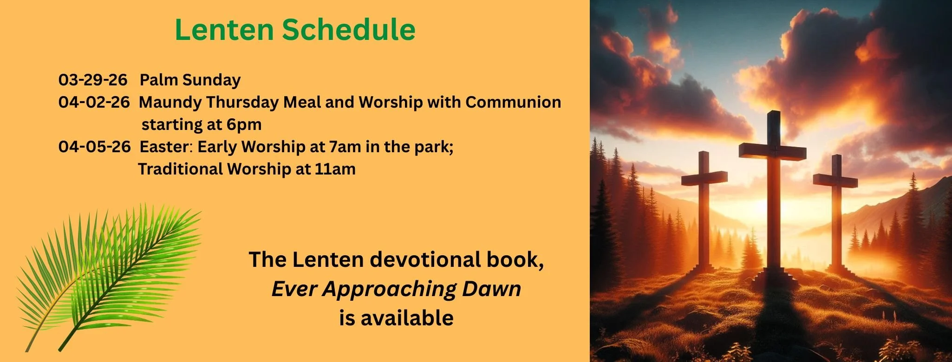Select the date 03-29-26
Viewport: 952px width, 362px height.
click(x=93, y=80)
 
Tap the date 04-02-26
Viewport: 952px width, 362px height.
click(x=94, y=102)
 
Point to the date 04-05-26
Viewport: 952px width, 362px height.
click(x=94, y=147)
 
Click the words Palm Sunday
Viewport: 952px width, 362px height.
click(x=190, y=80)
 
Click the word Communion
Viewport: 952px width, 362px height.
click(x=513, y=102)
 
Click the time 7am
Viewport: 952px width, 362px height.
click(x=345, y=147)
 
